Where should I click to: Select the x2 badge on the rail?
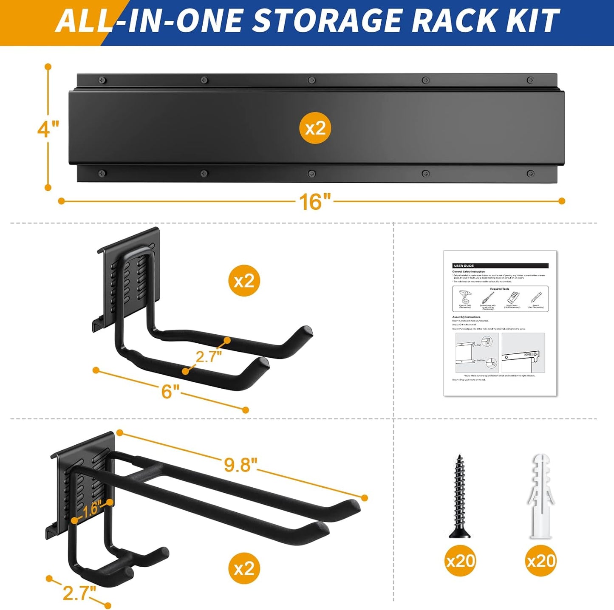coord(315,128)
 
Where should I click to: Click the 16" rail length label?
coord(314,202)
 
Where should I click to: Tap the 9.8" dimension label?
coord(241,465)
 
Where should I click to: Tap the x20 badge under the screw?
coord(460,561)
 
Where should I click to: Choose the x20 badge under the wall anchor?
coord(541,561)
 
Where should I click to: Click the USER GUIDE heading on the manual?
coord(464,266)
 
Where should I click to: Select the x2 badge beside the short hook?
coord(244,281)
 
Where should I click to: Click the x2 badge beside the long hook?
coord(244,568)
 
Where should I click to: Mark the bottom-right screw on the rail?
coord(530,173)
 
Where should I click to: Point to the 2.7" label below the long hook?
coord(79,593)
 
